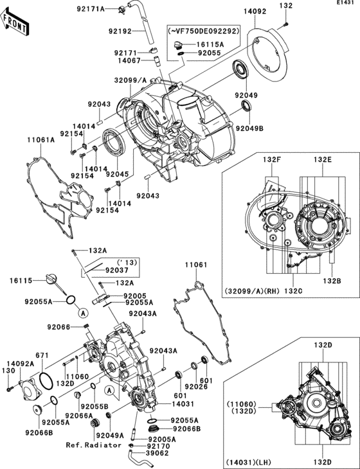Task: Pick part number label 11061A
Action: pyautogui.click(x=40, y=139)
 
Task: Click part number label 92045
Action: pyautogui.click(x=117, y=174)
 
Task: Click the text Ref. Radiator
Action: pyautogui.click(x=93, y=445)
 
